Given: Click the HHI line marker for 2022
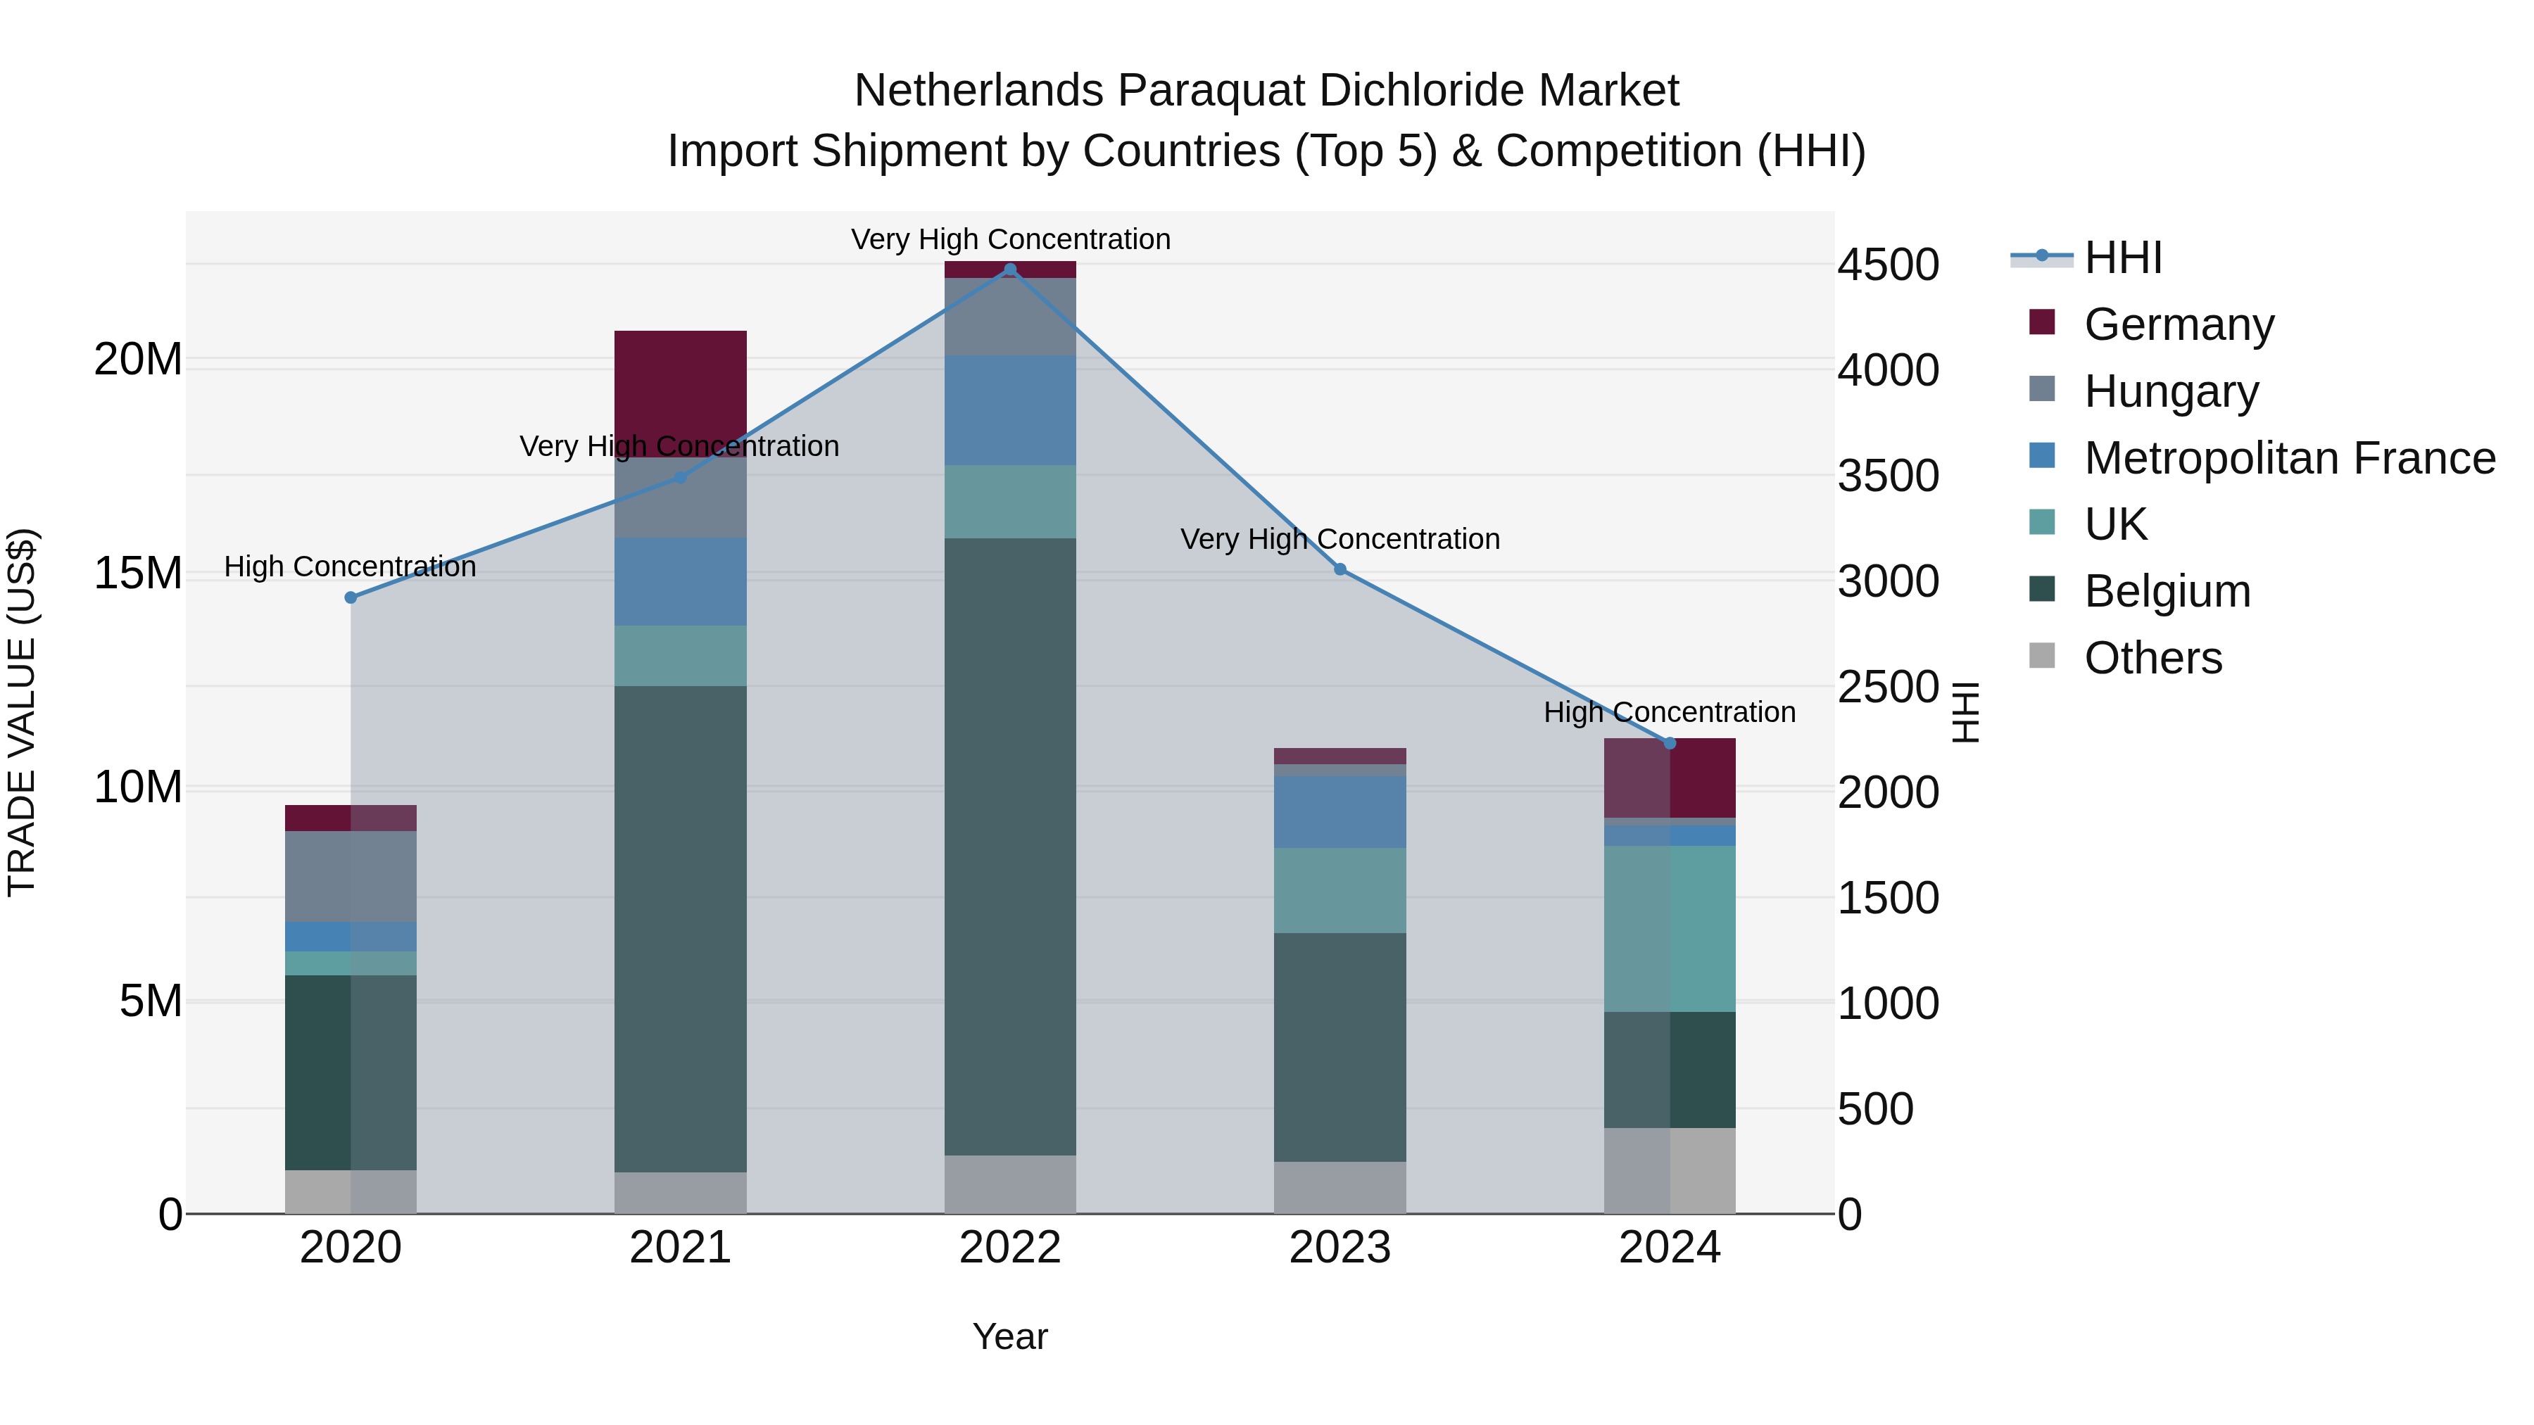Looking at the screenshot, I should pyautogui.click(x=1009, y=270).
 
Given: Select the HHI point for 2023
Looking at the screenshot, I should pyautogui.click(x=1340, y=569).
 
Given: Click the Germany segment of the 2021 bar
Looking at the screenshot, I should pyautogui.click(x=680, y=393).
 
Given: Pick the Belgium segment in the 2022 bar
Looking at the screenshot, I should pyautogui.click(x=1009, y=846).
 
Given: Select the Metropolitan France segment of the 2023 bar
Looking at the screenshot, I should pyautogui.click(x=1340, y=811).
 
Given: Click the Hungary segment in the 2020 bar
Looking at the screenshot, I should pyautogui.click(x=351, y=876).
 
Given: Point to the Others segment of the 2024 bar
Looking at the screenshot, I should pyautogui.click(x=1670, y=1170).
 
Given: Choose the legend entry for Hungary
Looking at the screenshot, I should pyautogui.click(x=2171, y=391).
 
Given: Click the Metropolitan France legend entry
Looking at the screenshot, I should pyautogui.click(x=2289, y=458).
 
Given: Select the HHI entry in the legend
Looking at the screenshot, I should pyautogui.click(x=2123, y=258).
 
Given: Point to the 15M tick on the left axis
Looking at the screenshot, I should pyautogui.click(x=138, y=574).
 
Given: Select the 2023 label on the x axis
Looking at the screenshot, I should pyautogui.click(x=1340, y=1248).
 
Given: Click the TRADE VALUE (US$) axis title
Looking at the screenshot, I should pyautogui.click(x=22, y=712).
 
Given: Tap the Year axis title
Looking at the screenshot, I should pyautogui.click(x=1009, y=1336).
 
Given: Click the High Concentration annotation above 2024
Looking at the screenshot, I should pyautogui.click(x=1670, y=712).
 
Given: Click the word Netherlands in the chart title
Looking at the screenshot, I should pyautogui.click(x=979, y=91).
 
